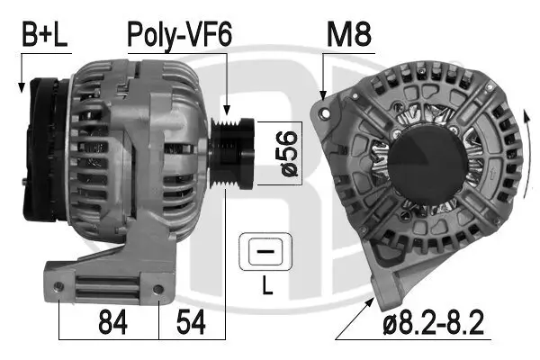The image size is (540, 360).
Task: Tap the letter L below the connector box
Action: (x=265, y=288)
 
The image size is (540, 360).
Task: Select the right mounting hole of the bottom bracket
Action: (x=159, y=288)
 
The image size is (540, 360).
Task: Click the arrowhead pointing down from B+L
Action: (x=19, y=87)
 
